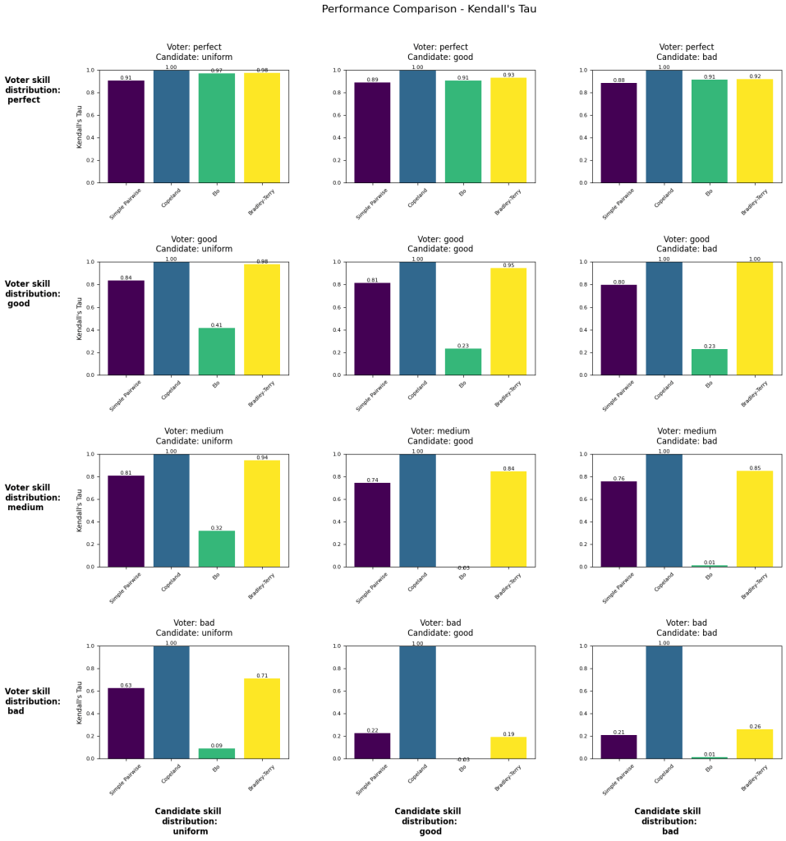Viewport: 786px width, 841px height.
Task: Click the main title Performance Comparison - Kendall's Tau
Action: (x=429, y=9)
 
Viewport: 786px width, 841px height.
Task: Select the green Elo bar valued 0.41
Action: (x=216, y=352)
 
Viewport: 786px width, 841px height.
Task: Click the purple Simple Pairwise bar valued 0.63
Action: (x=126, y=723)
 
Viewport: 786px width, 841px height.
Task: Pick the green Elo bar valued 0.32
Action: (x=216, y=549)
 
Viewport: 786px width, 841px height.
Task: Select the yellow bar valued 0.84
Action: (x=508, y=519)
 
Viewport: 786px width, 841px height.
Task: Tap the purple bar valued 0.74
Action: (x=372, y=525)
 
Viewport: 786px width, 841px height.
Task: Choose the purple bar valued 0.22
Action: (x=372, y=746)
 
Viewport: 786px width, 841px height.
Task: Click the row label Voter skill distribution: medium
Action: (x=32, y=498)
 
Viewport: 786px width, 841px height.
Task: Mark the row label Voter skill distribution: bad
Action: (x=32, y=701)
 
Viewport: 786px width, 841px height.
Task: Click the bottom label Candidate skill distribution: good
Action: (x=430, y=821)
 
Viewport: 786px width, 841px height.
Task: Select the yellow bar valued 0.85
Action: (x=755, y=518)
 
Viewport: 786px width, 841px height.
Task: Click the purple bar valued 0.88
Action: (x=618, y=133)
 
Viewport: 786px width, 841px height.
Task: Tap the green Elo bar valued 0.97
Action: (x=216, y=128)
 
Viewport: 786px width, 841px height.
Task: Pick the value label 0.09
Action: (x=216, y=746)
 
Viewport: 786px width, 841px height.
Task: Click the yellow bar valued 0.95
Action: (x=508, y=321)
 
